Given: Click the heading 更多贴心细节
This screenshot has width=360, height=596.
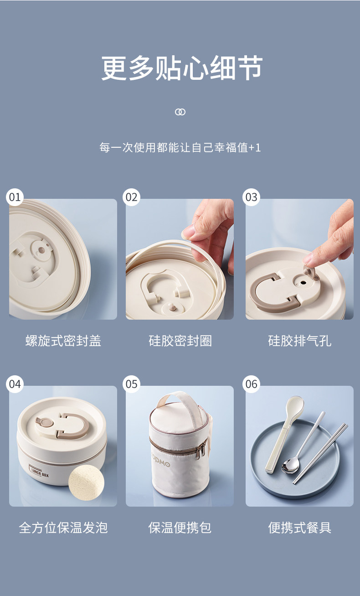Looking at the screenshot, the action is [x=182, y=68].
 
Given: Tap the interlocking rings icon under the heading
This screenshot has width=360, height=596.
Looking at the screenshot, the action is [x=180, y=112].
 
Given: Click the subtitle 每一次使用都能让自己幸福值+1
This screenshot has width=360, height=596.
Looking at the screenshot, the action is [x=180, y=147].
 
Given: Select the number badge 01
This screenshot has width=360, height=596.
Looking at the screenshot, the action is [x=15, y=197].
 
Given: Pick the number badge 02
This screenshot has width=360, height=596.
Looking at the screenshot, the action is [x=131, y=197].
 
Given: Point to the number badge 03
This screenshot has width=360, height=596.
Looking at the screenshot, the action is [x=251, y=197].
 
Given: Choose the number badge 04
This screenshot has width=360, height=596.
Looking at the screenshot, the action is [x=15, y=384].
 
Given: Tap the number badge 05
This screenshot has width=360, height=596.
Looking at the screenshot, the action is [x=131, y=384].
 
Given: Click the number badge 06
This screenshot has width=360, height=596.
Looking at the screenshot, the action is [x=251, y=384].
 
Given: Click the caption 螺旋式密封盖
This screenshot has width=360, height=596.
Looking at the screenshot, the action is [x=63, y=341].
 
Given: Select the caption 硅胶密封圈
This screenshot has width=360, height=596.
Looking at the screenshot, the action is [x=180, y=341].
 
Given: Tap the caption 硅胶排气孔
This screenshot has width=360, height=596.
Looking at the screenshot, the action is [x=300, y=341].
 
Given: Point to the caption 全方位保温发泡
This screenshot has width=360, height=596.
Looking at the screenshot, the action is [x=63, y=528].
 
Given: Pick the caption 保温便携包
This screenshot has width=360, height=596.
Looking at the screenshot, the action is [x=180, y=528].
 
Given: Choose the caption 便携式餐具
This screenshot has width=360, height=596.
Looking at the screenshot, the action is [x=300, y=528].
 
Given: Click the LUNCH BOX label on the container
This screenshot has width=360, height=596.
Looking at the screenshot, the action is [x=39, y=471].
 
